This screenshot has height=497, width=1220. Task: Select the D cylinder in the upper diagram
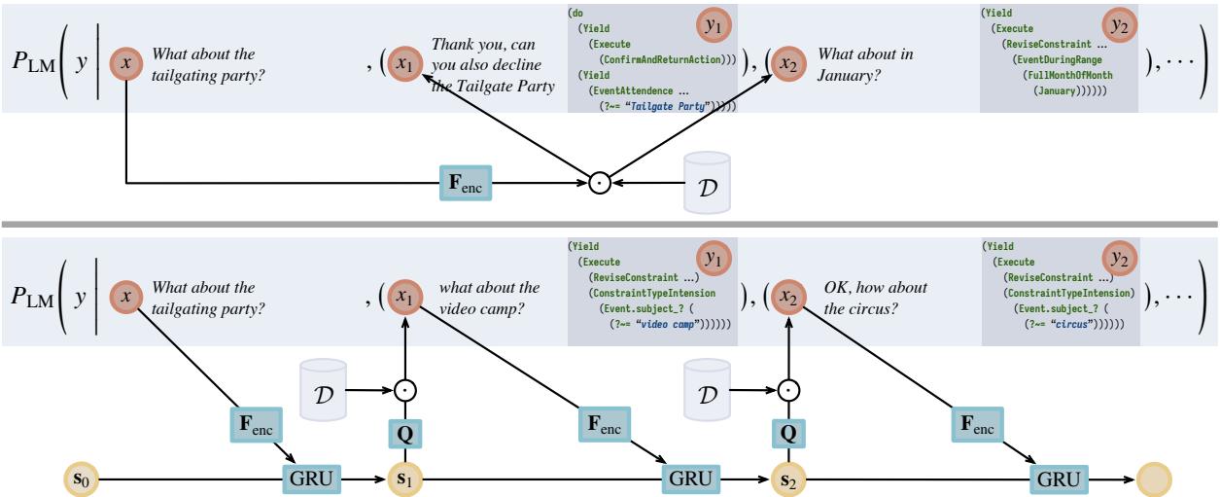[x=707, y=182]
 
